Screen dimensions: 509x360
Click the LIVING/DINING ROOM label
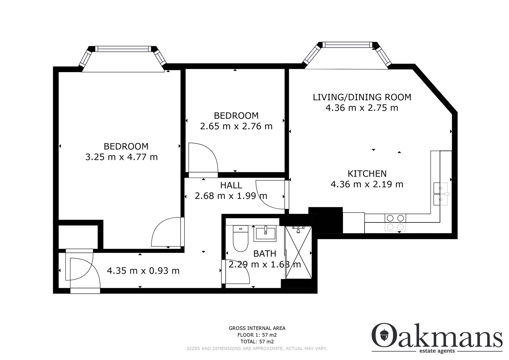362,97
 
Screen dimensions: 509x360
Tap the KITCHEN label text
367,174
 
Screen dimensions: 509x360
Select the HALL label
231,185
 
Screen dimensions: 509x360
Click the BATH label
265,254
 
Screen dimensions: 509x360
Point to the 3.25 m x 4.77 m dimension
122,157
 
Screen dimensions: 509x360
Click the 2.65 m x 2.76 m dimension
236,126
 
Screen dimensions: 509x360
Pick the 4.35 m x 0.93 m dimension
143,271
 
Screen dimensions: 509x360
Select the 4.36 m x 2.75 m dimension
362,108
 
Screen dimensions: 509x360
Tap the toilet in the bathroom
241,238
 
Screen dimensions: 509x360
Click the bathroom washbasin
265,233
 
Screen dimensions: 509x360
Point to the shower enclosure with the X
298,252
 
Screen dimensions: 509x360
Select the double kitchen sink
441,194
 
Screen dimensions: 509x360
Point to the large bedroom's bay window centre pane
123,49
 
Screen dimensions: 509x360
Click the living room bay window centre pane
347,45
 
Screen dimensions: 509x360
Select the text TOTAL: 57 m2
257,342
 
